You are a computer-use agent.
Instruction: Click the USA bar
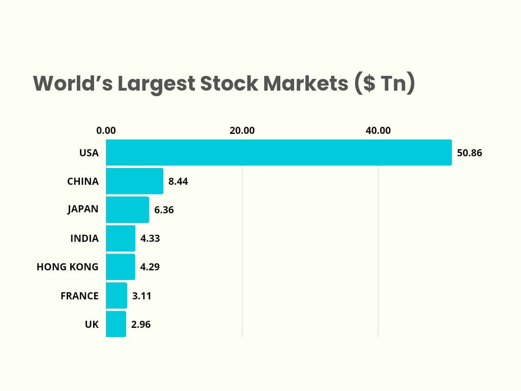coord(278,152)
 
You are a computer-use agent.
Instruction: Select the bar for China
coord(134,181)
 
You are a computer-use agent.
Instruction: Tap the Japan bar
coord(127,209)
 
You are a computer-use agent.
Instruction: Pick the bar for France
coord(117,295)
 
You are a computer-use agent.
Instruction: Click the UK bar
coord(116,324)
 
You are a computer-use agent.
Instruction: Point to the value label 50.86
coord(469,153)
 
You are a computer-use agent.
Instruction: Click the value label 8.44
coord(178,181)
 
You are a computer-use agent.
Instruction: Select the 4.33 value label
coord(150,238)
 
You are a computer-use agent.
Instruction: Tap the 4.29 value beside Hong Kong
coord(150,267)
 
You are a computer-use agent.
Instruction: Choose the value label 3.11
coord(141,295)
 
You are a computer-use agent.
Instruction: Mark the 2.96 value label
coord(140,324)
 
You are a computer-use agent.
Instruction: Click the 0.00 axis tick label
coord(106,130)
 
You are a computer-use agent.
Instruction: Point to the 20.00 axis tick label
coord(242,130)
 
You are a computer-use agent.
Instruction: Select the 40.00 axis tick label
coord(378,130)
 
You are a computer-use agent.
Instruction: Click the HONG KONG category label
coord(68,267)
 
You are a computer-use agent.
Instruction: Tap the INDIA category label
coord(84,238)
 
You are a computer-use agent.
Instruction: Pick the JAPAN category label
coord(83,209)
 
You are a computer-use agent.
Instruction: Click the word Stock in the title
coord(229,83)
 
